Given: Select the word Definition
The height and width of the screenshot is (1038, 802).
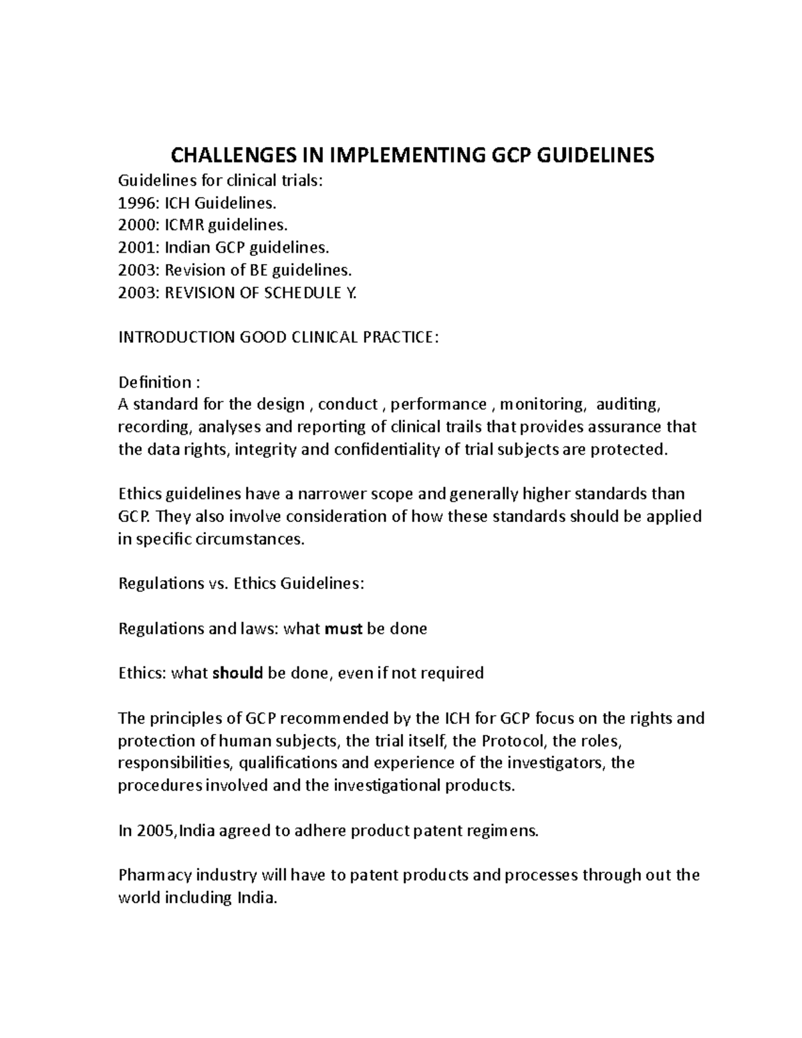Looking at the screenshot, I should (x=154, y=382).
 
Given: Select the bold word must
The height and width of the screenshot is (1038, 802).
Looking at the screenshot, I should (x=343, y=629).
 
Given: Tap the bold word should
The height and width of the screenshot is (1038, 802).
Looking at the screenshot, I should (x=237, y=673).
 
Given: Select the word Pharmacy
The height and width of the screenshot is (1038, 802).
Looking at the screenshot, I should (x=150, y=875).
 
